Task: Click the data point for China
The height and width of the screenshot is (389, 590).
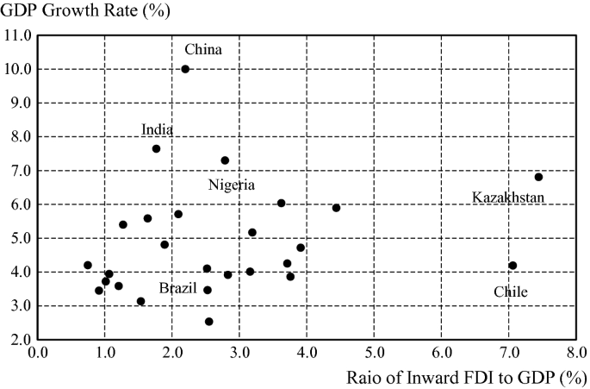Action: (x=185, y=69)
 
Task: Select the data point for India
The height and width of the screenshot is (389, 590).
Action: (x=156, y=148)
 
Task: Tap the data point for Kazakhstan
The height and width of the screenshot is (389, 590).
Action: (x=538, y=177)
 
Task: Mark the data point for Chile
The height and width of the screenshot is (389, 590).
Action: (x=512, y=266)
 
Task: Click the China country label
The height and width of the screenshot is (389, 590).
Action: (x=203, y=50)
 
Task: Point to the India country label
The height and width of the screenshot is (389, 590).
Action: (x=158, y=130)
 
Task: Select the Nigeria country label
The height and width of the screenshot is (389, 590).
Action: (x=231, y=185)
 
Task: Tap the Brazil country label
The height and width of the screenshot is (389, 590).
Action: (x=179, y=287)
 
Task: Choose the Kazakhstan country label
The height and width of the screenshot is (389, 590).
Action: (x=508, y=198)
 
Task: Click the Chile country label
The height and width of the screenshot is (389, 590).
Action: (x=510, y=292)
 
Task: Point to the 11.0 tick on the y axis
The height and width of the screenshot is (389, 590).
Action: (x=17, y=35)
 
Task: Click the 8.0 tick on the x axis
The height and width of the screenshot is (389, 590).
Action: (x=576, y=353)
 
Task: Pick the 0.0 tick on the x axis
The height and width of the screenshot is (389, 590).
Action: (x=38, y=353)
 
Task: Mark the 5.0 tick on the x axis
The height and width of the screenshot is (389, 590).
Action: (x=374, y=353)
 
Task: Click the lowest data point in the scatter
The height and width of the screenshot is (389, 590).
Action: (x=208, y=322)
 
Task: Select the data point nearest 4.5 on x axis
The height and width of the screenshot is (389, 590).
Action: (x=336, y=208)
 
